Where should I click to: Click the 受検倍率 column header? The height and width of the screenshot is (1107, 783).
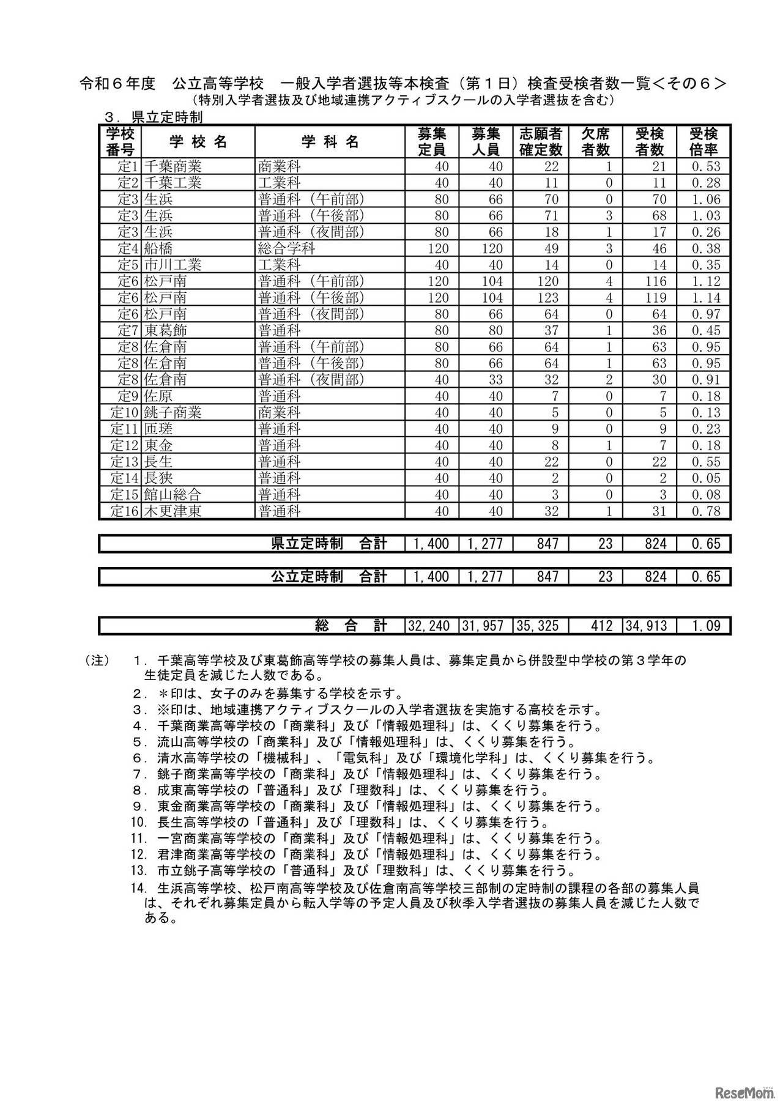pos(703,142)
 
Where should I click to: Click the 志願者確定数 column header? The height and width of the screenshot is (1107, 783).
pos(541,142)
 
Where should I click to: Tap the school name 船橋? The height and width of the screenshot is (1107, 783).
pos(158,249)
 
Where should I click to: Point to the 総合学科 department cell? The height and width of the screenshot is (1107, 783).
pos(287,249)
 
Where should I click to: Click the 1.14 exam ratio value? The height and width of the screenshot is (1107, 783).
pos(706,298)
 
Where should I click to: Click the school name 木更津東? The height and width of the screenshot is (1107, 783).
pos(173,511)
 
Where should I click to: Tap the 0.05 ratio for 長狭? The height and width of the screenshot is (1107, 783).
pos(706,478)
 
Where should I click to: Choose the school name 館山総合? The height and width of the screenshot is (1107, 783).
pos(173,495)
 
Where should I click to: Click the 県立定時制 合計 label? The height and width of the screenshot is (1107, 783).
pos(329,544)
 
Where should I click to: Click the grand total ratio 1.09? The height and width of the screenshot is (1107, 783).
pos(706,626)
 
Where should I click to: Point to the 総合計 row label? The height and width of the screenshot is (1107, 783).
pos(351,626)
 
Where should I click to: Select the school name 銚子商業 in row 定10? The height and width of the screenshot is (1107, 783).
pos(173,413)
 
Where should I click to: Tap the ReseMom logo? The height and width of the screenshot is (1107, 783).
pos(734,1087)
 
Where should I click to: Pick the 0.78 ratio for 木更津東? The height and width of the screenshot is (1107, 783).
pos(706,511)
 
